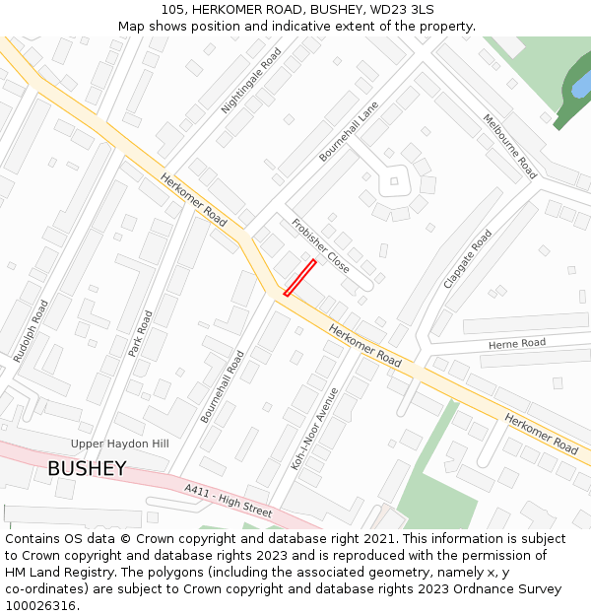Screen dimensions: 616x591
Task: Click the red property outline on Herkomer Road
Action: click(299, 277)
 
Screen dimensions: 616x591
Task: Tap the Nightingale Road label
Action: click(251, 80)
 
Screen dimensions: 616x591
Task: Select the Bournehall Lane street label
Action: click(349, 131)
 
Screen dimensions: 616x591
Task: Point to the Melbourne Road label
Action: click(509, 146)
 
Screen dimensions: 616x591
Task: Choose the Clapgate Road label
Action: click(467, 258)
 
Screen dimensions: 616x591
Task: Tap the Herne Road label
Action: click(517, 343)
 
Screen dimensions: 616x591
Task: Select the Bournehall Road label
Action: click(222, 386)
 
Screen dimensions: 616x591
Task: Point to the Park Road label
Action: click(141, 333)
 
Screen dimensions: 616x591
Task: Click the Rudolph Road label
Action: click(31, 331)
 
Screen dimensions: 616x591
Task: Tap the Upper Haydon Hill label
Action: click(119, 444)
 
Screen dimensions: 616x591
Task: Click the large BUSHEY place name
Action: click(87, 469)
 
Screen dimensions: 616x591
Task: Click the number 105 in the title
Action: click(172, 10)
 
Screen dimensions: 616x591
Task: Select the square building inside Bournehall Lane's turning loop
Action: click(394, 180)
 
